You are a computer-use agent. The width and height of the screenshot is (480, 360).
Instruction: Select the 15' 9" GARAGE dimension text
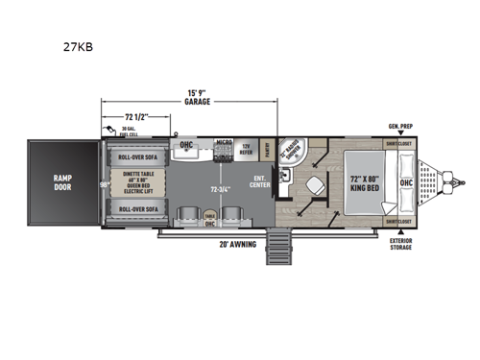(x=200, y=99)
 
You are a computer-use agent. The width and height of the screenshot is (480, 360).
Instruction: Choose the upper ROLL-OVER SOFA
(x=137, y=157)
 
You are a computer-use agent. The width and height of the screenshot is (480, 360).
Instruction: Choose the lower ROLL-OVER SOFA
(x=137, y=207)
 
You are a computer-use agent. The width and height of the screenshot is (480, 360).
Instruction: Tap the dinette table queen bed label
(x=137, y=182)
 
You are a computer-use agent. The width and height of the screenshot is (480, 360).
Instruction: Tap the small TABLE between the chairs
(x=209, y=218)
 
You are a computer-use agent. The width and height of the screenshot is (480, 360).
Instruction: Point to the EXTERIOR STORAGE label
(x=400, y=243)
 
